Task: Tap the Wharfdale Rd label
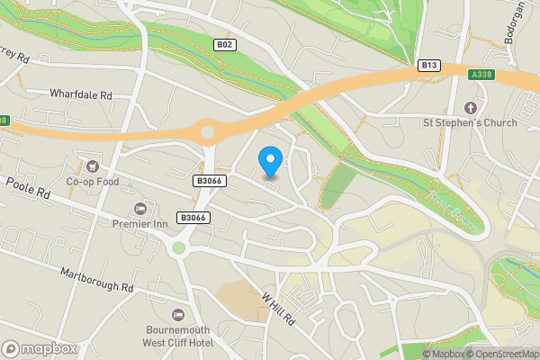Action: pyautogui.click(x=81, y=94)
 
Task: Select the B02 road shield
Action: pyautogui.click(x=225, y=44)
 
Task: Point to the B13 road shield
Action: pyautogui.click(x=429, y=65)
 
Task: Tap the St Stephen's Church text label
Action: pyautogui.click(x=471, y=121)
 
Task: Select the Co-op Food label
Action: pyautogui.click(x=92, y=180)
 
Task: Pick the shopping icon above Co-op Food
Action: pyautogui.click(x=92, y=165)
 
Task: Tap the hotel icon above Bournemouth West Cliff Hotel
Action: pyautogui.click(x=177, y=313)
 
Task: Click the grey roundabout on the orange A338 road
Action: pyautogui.click(x=209, y=133)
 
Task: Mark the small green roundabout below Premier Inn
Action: pyautogui.click(x=179, y=247)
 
